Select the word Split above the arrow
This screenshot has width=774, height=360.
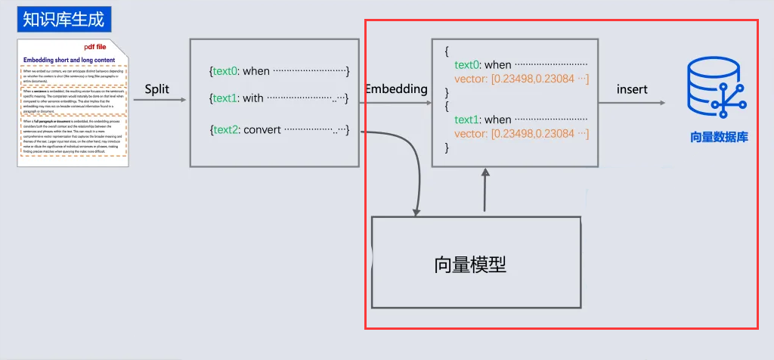pyautogui.click(x=156, y=89)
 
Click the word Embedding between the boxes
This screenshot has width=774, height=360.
pyautogui.click(x=396, y=89)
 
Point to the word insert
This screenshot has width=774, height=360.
pyautogui.click(x=632, y=89)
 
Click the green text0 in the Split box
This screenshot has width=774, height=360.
pyautogui.click(x=225, y=71)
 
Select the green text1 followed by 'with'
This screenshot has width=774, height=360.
pyautogui.click(x=225, y=98)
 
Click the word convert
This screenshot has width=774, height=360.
pyautogui.click(x=262, y=129)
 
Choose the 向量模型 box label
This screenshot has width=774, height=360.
pyautogui.click(x=470, y=264)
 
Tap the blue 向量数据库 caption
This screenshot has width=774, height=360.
pyautogui.click(x=719, y=138)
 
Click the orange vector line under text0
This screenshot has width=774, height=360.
pyautogui.click(x=522, y=79)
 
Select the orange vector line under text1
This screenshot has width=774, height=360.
pyautogui.click(x=522, y=134)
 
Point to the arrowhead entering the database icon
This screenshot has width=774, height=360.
pyautogui.click(x=662, y=103)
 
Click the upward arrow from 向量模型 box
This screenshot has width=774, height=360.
pyautogui.click(x=485, y=189)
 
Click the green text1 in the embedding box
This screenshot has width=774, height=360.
pyautogui.click(x=469, y=119)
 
